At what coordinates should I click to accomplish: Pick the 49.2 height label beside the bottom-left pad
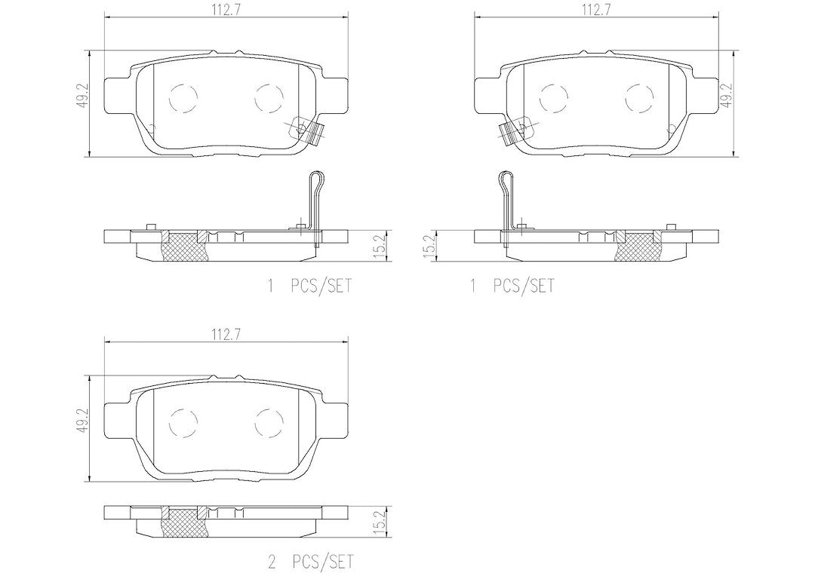83,419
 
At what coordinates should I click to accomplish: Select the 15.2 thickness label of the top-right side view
429,244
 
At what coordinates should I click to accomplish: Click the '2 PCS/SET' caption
310,562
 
